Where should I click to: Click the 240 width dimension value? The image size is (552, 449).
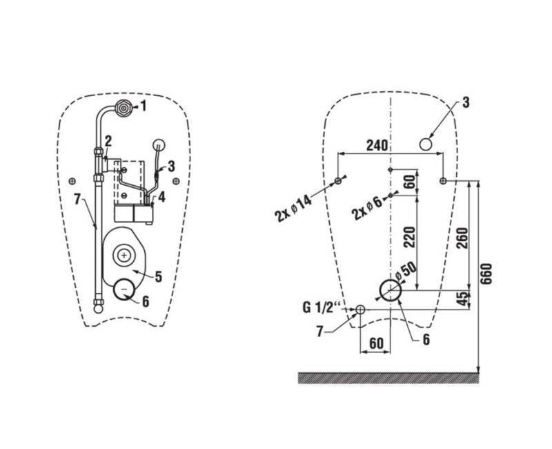coord(377,145)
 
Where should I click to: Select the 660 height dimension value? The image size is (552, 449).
coord(486,274)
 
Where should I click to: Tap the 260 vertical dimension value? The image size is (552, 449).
coord(462,238)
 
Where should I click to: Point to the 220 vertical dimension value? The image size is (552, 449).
coord(409,237)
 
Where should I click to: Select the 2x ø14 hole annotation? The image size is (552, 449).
coord(293,209)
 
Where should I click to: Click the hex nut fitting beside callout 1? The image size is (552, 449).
coord(124,108)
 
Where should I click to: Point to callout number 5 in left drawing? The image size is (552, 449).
coord(159,277)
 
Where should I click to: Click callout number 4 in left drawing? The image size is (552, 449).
coord(161,197)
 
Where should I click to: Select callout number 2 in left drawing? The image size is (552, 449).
coord(108,142)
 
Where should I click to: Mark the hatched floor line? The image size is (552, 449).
coord(388,378)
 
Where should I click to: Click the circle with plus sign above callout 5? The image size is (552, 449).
coord(124,254)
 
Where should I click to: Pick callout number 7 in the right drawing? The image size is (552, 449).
coord(319,332)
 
